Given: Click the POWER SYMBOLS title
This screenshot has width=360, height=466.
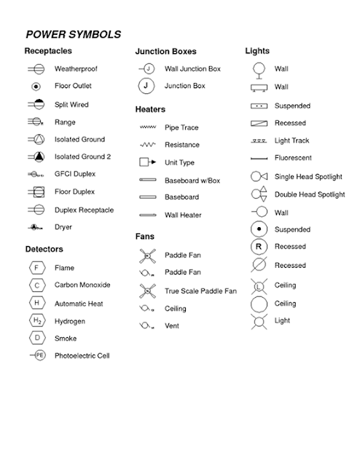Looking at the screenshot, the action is [73, 34].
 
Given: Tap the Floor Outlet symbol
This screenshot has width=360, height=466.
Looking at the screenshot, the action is [35, 87].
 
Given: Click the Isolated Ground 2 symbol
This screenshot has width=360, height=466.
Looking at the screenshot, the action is [36, 157].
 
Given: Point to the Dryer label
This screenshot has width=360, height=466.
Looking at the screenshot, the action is [64, 227].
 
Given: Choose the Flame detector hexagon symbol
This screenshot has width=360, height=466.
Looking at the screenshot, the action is [36, 268].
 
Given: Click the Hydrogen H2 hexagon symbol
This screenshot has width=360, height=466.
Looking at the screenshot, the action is [36, 320].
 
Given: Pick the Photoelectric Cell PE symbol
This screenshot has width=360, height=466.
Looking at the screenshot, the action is [39, 355].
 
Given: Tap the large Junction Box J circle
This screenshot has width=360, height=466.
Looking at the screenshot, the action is [147, 86].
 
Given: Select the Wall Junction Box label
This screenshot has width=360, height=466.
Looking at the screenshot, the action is [192, 69].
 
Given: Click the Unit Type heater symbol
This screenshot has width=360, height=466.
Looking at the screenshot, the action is [147, 162].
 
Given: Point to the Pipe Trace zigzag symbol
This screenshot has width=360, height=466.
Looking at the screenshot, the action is [147, 127].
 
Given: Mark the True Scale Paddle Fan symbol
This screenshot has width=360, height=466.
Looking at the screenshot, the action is [147, 291].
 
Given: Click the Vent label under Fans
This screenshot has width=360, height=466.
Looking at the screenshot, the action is [172, 325].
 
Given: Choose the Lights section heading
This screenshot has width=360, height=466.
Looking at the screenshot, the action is [257, 51].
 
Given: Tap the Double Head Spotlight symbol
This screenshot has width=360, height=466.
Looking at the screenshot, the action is [259, 194].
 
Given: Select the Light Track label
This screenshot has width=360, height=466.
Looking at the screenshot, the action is [292, 140].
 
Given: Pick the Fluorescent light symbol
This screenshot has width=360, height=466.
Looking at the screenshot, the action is [259, 158].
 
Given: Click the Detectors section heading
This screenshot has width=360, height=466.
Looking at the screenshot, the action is [44, 250].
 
